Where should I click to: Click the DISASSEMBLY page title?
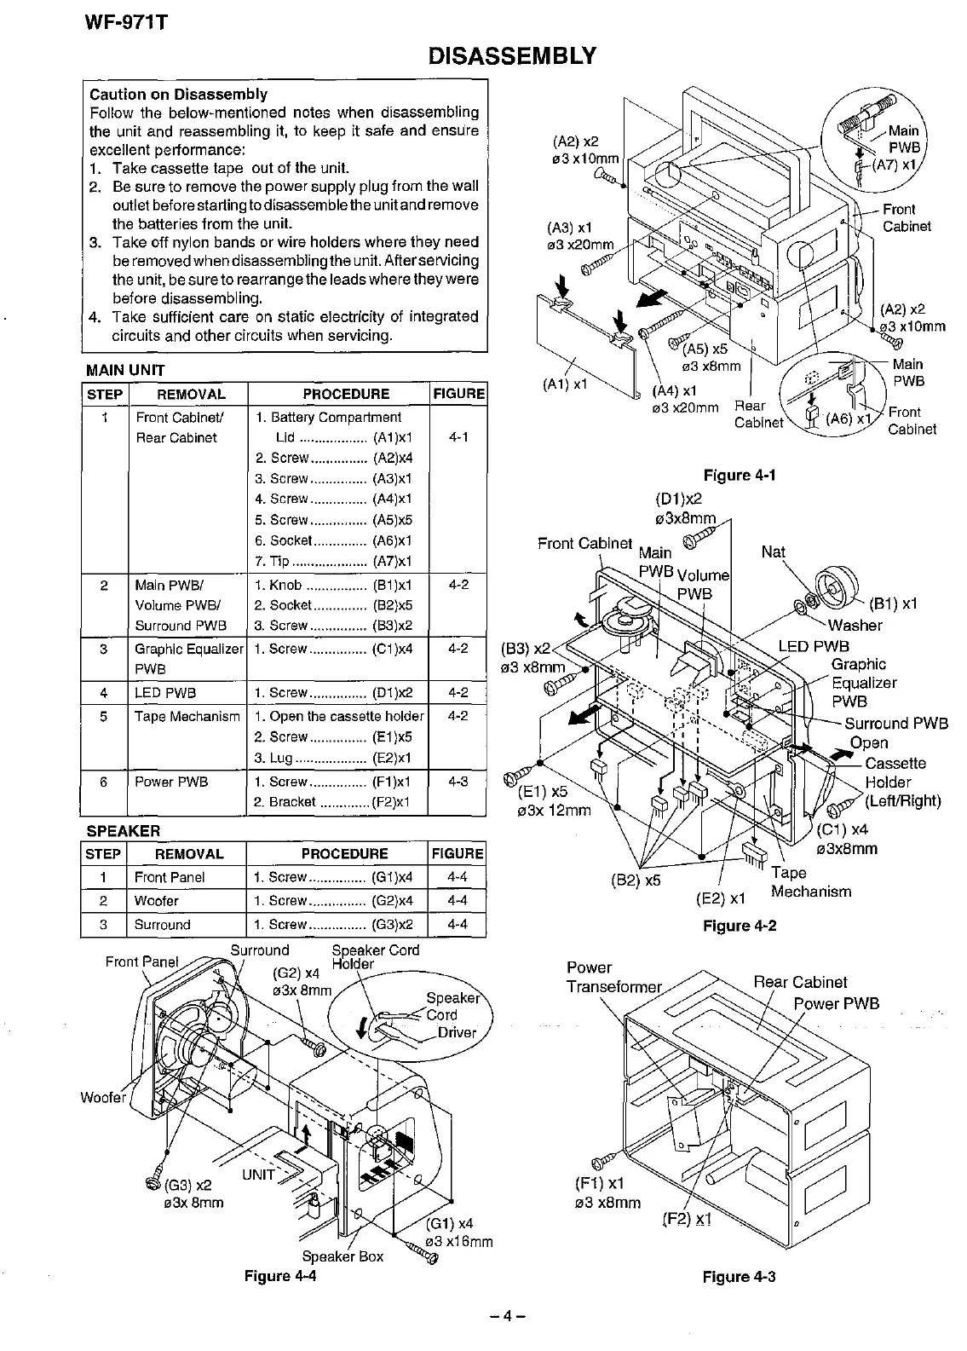(511, 56)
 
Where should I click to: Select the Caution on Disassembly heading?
(178, 94)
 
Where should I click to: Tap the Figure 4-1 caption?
(739, 475)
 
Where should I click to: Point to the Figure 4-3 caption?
(739, 1276)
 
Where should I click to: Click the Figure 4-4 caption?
(279, 1275)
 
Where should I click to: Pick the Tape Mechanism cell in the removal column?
(187, 716)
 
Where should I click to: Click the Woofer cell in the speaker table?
(157, 900)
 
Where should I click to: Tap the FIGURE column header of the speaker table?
(458, 853)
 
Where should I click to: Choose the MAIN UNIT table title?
(125, 370)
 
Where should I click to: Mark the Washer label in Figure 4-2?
(855, 625)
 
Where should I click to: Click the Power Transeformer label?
(613, 977)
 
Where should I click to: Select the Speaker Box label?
(342, 1256)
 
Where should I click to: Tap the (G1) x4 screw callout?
(453, 1223)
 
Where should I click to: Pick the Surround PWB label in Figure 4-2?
(896, 724)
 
